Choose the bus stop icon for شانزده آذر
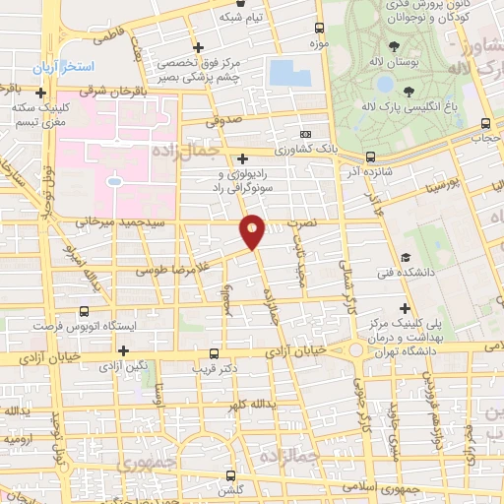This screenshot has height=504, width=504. point(370,157)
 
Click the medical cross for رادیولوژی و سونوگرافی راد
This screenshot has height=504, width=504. point(242,157)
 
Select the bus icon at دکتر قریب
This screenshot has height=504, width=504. point(216,354)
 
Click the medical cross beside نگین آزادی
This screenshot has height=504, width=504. point(123,349)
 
